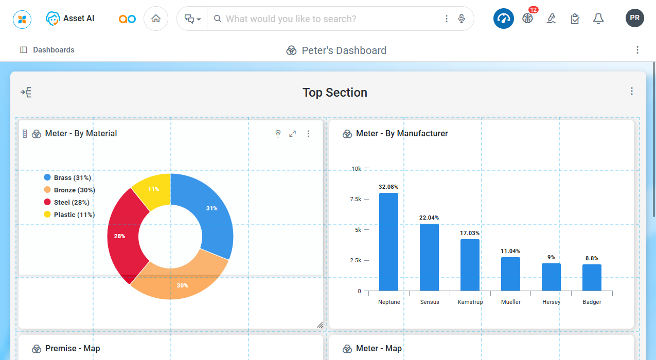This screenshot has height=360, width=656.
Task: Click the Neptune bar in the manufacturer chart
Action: point(388,242)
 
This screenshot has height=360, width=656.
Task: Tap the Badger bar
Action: point(592,278)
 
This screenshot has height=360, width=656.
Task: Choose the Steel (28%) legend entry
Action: point(71,203)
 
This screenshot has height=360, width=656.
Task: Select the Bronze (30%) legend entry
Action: point(74,190)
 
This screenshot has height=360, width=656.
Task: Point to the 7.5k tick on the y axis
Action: point(356,199)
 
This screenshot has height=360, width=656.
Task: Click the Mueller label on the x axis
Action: point(511,302)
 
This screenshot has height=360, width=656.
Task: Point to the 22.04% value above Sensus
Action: point(429,218)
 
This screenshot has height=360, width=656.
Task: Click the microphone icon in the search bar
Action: point(462,19)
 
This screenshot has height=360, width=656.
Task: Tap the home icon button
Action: point(156,19)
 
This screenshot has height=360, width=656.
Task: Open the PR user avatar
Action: point(635,18)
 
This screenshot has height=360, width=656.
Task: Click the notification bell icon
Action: point(598,19)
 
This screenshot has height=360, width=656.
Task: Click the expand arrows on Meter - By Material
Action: point(292,134)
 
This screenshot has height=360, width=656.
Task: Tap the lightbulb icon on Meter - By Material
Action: point(278,134)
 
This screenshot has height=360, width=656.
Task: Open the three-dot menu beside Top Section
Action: point(632,91)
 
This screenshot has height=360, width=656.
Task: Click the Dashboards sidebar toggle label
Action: point(54,50)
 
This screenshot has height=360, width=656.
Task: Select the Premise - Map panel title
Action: point(73,349)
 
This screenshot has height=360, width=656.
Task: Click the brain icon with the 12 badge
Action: point(527,19)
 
